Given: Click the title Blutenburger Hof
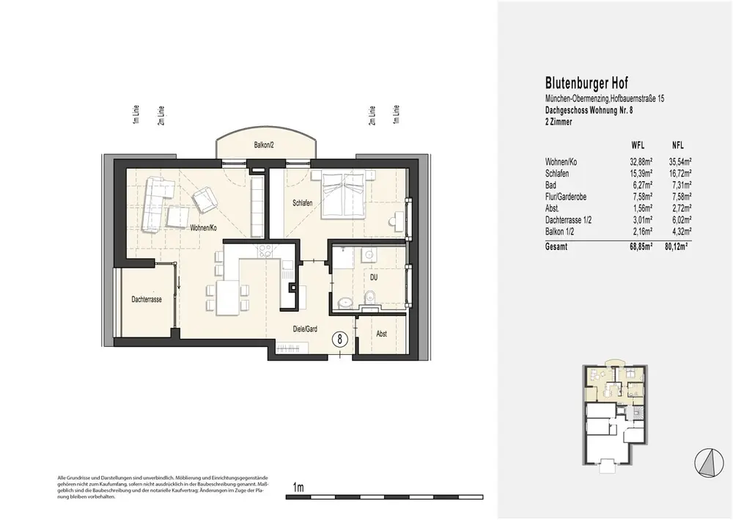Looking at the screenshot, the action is (x=586, y=83).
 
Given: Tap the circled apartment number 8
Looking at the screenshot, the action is (x=340, y=339).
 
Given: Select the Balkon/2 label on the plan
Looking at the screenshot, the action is (x=264, y=145).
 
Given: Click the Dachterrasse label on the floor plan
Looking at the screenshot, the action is (x=147, y=299).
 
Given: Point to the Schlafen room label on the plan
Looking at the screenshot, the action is (x=303, y=203).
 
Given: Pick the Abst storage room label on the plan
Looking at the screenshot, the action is (x=381, y=334).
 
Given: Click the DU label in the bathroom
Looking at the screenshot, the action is (x=374, y=277).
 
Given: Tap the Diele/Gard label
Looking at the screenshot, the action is (x=305, y=329).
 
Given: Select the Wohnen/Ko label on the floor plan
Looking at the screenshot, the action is (x=203, y=228).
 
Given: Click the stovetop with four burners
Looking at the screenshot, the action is (x=265, y=251).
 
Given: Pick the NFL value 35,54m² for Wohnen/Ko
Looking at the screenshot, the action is (x=680, y=162).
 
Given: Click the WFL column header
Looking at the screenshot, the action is (x=638, y=145).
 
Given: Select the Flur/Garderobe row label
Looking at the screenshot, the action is (x=566, y=197).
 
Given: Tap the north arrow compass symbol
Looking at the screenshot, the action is (x=709, y=463).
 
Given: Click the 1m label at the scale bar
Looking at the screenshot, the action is (x=298, y=487).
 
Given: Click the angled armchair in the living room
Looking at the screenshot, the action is (x=205, y=199).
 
